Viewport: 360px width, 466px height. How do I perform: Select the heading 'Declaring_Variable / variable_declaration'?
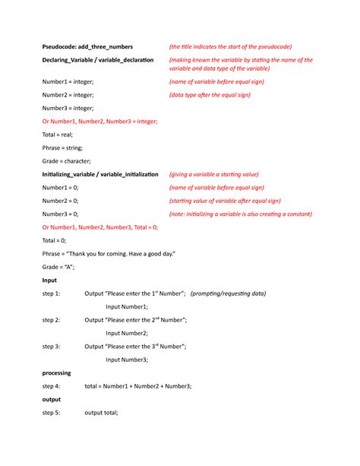tap(98, 59)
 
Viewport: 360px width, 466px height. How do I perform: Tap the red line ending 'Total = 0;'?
tap(99, 227)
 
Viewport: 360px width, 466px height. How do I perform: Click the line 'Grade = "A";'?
tap(58, 267)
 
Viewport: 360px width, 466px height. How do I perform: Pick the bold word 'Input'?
tap(49, 280)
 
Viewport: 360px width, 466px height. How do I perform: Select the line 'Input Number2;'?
tap(127, 333)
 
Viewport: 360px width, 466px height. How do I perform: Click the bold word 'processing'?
tap(57, 372)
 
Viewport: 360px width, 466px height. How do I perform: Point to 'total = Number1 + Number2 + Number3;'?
tap(138, 386)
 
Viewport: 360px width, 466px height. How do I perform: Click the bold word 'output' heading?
tap(52, 399)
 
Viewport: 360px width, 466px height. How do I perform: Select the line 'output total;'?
tap(101, 413)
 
